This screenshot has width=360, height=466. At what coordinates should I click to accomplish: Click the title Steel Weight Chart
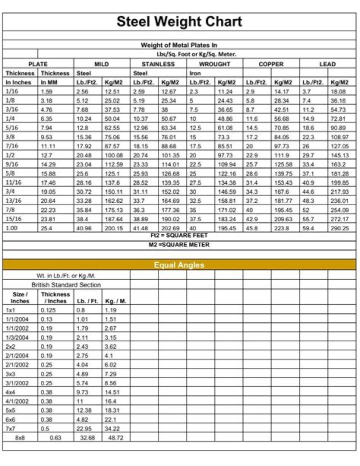(179, 22)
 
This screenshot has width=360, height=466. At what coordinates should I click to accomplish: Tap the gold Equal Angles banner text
(179, 265)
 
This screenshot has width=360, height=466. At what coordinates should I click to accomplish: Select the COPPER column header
(271, 64)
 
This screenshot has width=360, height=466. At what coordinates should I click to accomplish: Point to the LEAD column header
(327, 64)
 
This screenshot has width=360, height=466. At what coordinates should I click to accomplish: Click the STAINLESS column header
(158, 64)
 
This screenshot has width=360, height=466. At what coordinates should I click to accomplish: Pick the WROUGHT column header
(214, 64)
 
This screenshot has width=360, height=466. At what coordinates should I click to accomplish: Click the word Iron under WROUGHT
(195, 73)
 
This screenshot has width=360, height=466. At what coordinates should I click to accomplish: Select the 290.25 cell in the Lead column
(339, 228)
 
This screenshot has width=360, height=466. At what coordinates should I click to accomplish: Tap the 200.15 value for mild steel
(114, 228)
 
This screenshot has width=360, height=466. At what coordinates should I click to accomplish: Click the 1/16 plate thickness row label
(11, 92)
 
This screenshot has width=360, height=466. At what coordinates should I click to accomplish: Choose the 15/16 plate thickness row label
(12, 219)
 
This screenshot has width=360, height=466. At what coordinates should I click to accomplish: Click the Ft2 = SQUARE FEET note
(179, 235)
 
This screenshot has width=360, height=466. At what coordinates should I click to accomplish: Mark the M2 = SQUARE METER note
(179, 245)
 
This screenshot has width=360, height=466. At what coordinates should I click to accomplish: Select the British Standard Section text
(66, 285)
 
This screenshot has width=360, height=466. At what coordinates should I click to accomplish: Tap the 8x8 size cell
(19, 437)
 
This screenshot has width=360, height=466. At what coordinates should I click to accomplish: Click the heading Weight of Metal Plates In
(179, 45)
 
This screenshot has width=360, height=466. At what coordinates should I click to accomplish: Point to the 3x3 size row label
(10, 374)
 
